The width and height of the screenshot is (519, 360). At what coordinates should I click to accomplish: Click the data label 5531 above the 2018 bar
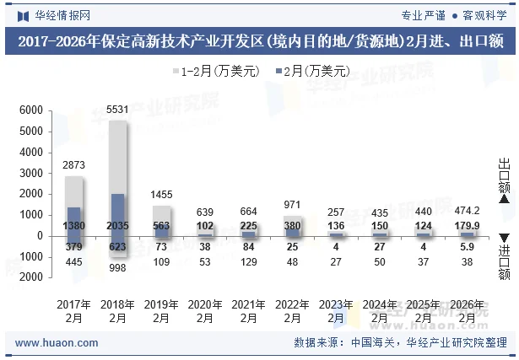pyautogui.click(x=118, y=110)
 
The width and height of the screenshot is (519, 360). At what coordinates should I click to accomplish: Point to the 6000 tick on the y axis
pyautogui.click(x=30, y=110)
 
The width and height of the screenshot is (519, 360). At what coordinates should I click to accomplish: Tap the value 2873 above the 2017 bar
pyautogui.click(x=74, y=165)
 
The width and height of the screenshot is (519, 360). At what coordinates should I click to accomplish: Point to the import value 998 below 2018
pyautogui.click(x=118, y=267)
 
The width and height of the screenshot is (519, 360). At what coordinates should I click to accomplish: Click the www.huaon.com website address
pyautogui.click(x=57, y=343)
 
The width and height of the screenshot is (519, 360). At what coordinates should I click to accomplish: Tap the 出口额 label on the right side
pyautogui.click(x=504, y=175)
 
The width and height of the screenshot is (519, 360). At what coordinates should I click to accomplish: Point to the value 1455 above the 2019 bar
pyautogui.click(x=162, y=195)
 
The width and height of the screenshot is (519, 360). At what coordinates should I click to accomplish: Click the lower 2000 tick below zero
pyautogui.click(x=30, y=277)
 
